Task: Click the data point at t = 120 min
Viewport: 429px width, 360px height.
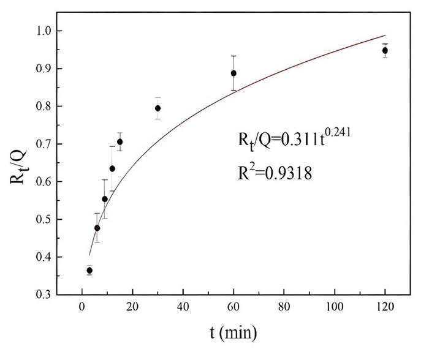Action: pyautogui.click(x=385, y=50)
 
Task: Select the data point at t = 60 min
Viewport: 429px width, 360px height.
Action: pyautogui.click(x=233, y=73)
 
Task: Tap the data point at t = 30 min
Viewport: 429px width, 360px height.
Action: pyautogui.click(x=158, y=108)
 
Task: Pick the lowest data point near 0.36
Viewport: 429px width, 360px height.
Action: pyautogui.click(x=89, y=270)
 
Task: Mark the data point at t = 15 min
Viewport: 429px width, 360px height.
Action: pyautogui.click(x=120, y=141)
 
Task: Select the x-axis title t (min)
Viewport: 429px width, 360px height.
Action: pyautogui.click(x=233, y=333)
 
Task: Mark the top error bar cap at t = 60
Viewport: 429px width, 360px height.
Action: pyautogui.click(x=233, y=56)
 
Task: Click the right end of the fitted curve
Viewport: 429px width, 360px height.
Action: pyautogui.click(x=385, y=36)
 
